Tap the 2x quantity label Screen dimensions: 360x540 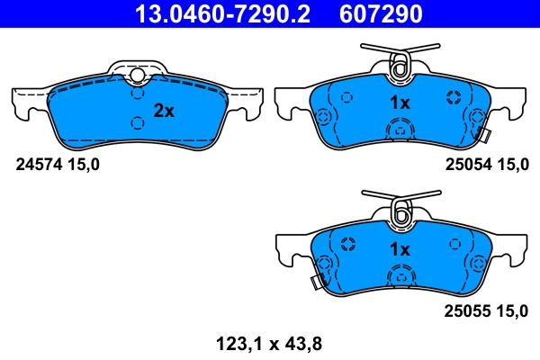pos(163,111)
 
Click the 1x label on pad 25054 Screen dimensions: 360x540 pos(399,103)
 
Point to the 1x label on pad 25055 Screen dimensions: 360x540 pos(399,248)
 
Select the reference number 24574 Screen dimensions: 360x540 pos(40,164)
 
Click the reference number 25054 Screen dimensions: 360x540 pos(469,164)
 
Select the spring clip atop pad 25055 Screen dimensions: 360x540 pos(400,208)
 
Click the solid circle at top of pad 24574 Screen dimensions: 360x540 pos(137,76)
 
